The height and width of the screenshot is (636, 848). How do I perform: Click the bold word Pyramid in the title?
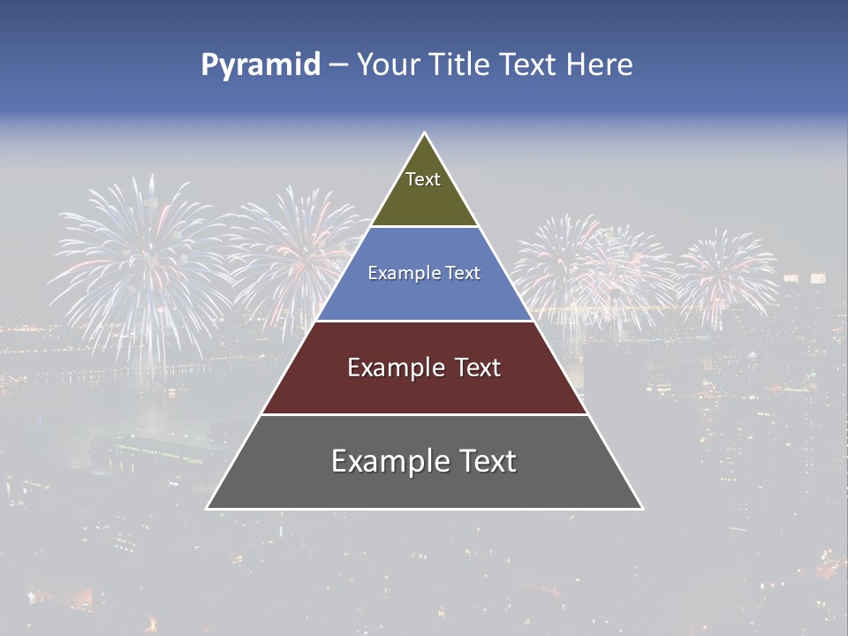click(x=261, y=65)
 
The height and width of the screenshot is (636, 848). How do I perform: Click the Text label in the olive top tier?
click(x=423, y=179)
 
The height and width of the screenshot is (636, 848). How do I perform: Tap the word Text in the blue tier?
click(x=461, y=274)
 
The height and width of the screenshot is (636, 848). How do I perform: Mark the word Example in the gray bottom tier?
click(x=384, y=461)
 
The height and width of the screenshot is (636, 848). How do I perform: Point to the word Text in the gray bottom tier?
click(x=485, y=461)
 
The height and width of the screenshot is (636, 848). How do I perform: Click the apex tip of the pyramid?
click(x=425, y=133)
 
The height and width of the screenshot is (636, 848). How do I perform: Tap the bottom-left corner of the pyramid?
click(x=208, y=508)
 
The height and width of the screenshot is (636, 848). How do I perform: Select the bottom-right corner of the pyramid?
click(x=642, y=508)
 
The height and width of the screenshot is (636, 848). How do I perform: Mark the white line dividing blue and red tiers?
click(x=424, y=321)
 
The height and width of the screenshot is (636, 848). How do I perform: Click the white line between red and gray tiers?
click(x=424, y=414)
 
